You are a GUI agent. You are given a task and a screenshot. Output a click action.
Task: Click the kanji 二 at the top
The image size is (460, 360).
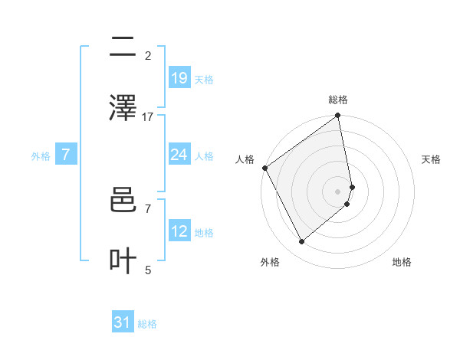pyautogui.click(x=123, y=47)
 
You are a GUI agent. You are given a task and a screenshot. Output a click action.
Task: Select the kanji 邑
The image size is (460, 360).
pyautogui.click(x=123, y=202)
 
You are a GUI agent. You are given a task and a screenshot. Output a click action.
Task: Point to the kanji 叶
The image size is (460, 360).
pyautogui.click(x=123, y=260)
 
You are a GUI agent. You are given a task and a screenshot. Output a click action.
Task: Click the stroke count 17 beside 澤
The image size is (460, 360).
pyautogui.click(x=148, y=117)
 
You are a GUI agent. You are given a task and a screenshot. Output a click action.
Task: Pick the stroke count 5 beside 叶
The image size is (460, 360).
pyautogui.click(x=148, y=270)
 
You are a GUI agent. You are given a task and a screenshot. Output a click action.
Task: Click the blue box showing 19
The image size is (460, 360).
pyautogui.click(x=179, y=78)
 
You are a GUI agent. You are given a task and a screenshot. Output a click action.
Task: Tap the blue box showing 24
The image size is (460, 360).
pyautogui.click(x=179, y=155)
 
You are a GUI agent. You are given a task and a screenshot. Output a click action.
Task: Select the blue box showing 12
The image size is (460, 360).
pyautogui.click(x=179, y=231)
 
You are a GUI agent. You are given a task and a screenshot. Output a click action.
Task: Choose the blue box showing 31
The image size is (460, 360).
pyautogui.click(x=123, y=323)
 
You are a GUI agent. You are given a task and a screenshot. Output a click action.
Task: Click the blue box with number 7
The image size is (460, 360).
pyautogui.click(x=66, y=155)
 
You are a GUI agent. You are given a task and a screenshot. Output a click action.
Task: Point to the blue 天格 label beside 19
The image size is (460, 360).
pyautogui.click(x=204, y=80)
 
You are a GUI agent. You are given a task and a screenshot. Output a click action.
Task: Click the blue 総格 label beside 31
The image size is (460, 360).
pyautogui.click(x=147, y=325)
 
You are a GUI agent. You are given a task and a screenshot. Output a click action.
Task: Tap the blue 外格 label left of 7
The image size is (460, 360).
pyautogui.click(x=41, y=156)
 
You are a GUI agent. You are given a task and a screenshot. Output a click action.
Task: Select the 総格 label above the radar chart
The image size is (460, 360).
pyautogui.click(x=338, y=100)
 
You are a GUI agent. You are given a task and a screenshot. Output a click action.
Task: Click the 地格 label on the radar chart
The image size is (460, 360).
pyautogui.click(x=402, y=262)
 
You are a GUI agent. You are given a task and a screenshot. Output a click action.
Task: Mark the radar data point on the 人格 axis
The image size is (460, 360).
pyautogui.click(x=264, y=168)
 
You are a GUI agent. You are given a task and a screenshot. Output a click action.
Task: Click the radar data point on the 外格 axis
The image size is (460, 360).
pyautogui.click(x=301, y=241)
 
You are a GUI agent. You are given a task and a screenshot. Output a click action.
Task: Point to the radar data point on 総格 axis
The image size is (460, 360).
pyautogui.click(x=338, y=116)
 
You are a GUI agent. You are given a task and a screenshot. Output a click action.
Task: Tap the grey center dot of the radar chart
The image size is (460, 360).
pyautogui.click(x=338, y=191)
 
